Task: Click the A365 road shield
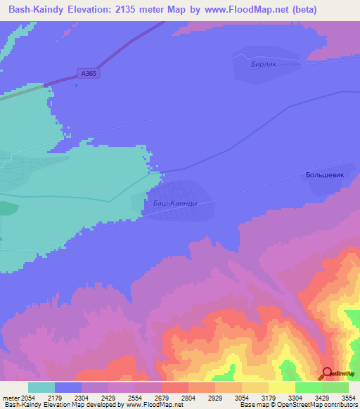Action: [89, 72]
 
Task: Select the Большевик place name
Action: [325, 175]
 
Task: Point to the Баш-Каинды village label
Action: [175, 203]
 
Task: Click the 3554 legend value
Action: [349, 398]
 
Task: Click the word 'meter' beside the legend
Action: [11, 398]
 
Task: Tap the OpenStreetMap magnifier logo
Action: [328, 372]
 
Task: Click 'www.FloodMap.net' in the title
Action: [240, 9]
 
